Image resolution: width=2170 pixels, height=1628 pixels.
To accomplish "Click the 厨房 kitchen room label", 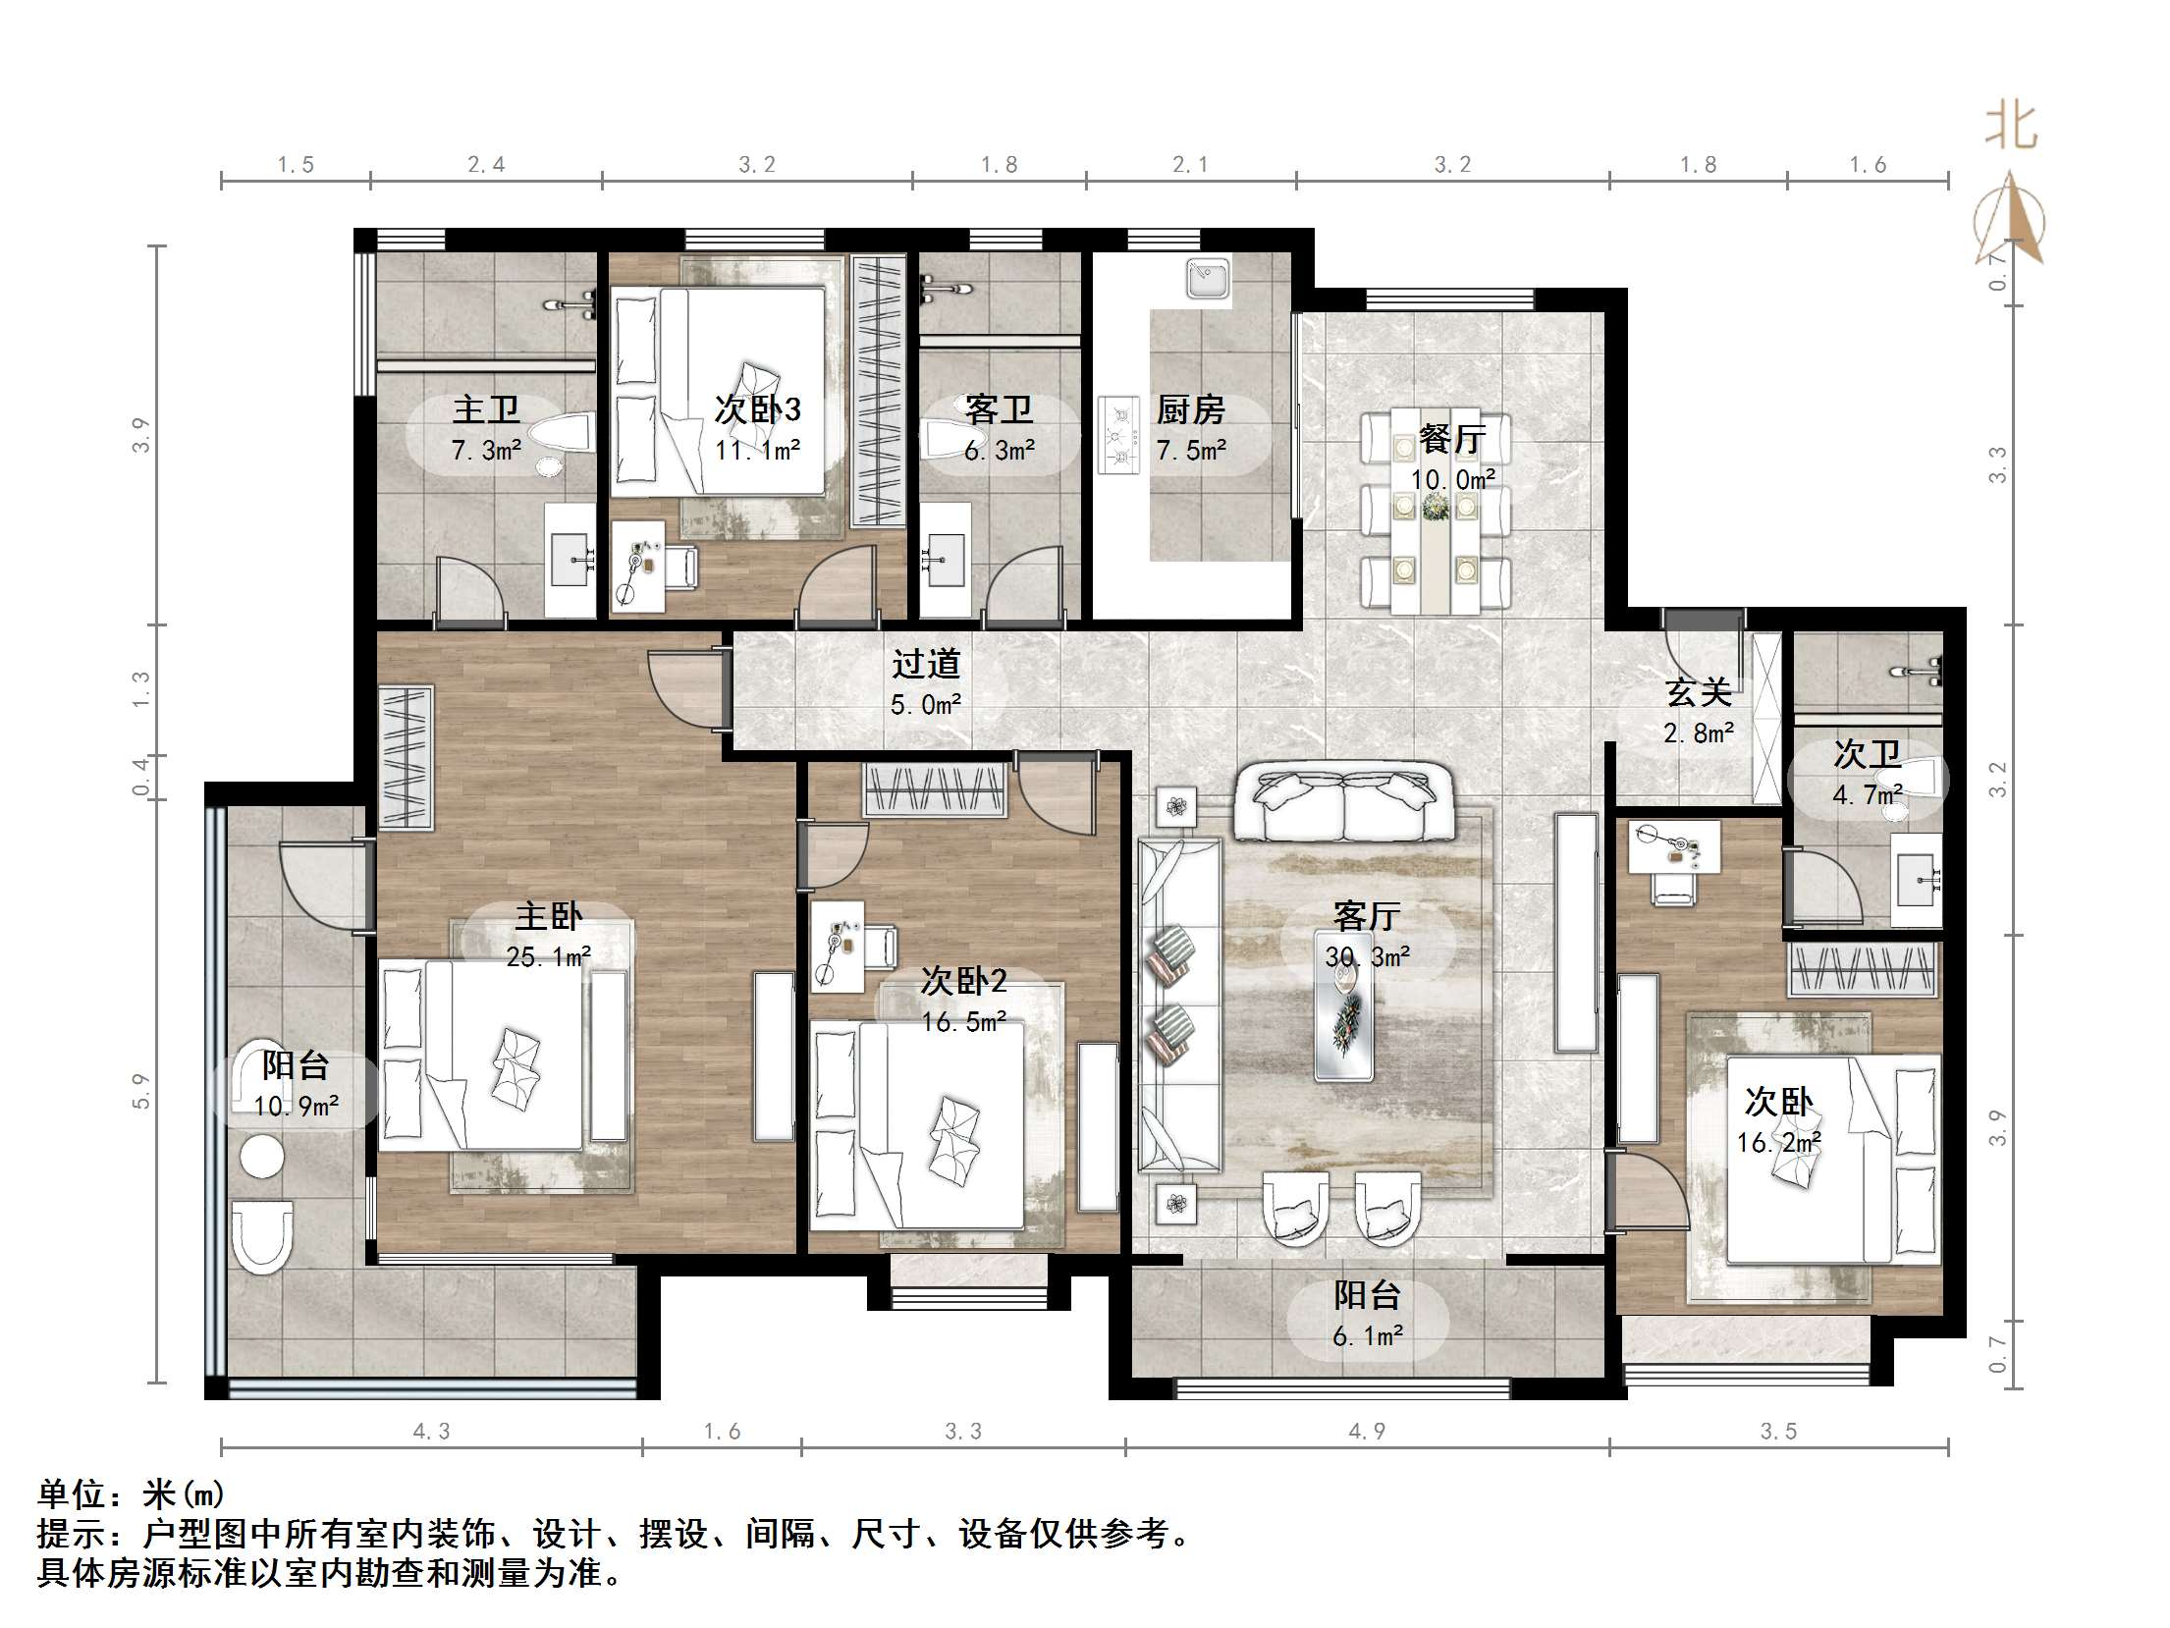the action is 1190,409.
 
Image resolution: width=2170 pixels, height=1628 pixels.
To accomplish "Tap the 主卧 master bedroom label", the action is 548,916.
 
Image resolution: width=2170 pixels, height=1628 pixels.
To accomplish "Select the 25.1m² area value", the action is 548,956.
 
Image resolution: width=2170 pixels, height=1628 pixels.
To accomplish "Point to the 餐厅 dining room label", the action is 1452,439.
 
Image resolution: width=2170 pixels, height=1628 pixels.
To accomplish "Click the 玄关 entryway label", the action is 1698,693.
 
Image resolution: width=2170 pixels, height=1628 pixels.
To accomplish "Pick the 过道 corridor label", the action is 925,664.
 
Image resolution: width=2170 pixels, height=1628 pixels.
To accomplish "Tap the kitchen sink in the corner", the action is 1209,279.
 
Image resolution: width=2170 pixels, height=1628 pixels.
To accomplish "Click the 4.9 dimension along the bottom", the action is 1366,1431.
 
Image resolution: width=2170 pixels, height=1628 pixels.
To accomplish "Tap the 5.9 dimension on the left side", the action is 141,1092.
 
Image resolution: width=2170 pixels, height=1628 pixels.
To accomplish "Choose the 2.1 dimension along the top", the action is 1190,164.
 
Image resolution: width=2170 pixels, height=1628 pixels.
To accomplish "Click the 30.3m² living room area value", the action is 1367,956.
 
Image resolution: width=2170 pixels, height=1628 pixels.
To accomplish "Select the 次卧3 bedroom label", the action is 757,409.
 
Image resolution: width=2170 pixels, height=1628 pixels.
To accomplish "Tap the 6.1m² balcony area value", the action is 1367,1335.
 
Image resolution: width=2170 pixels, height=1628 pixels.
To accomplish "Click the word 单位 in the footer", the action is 72,1494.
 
